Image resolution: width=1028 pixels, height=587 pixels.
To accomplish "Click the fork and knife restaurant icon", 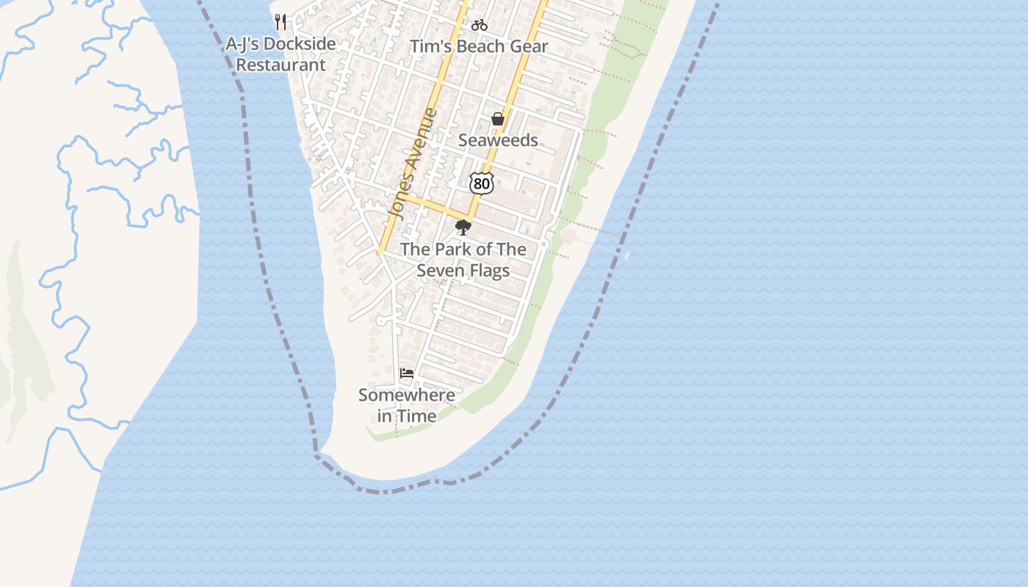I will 280,21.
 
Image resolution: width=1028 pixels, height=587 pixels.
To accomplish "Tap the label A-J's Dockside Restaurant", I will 280,54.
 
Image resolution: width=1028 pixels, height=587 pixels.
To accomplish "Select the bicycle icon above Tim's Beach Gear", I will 479,25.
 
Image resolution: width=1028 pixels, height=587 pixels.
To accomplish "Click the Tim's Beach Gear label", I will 479,47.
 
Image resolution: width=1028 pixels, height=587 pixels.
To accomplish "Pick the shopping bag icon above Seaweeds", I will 498,119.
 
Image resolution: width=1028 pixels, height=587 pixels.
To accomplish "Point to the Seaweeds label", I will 498,140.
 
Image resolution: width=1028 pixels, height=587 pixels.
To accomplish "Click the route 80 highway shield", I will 482,183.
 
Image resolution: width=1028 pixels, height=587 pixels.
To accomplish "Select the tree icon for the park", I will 463,227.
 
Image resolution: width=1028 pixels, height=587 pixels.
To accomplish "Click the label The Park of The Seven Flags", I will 463,260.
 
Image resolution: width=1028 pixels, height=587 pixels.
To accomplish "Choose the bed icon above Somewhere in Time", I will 406,373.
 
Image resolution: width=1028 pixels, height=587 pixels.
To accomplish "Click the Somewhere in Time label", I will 407,406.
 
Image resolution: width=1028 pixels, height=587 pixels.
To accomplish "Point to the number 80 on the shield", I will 482,183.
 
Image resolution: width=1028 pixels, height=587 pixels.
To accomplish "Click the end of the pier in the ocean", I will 626,255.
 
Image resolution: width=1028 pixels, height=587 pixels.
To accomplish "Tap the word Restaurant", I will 280,65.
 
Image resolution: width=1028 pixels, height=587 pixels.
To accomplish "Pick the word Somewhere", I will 407,395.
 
